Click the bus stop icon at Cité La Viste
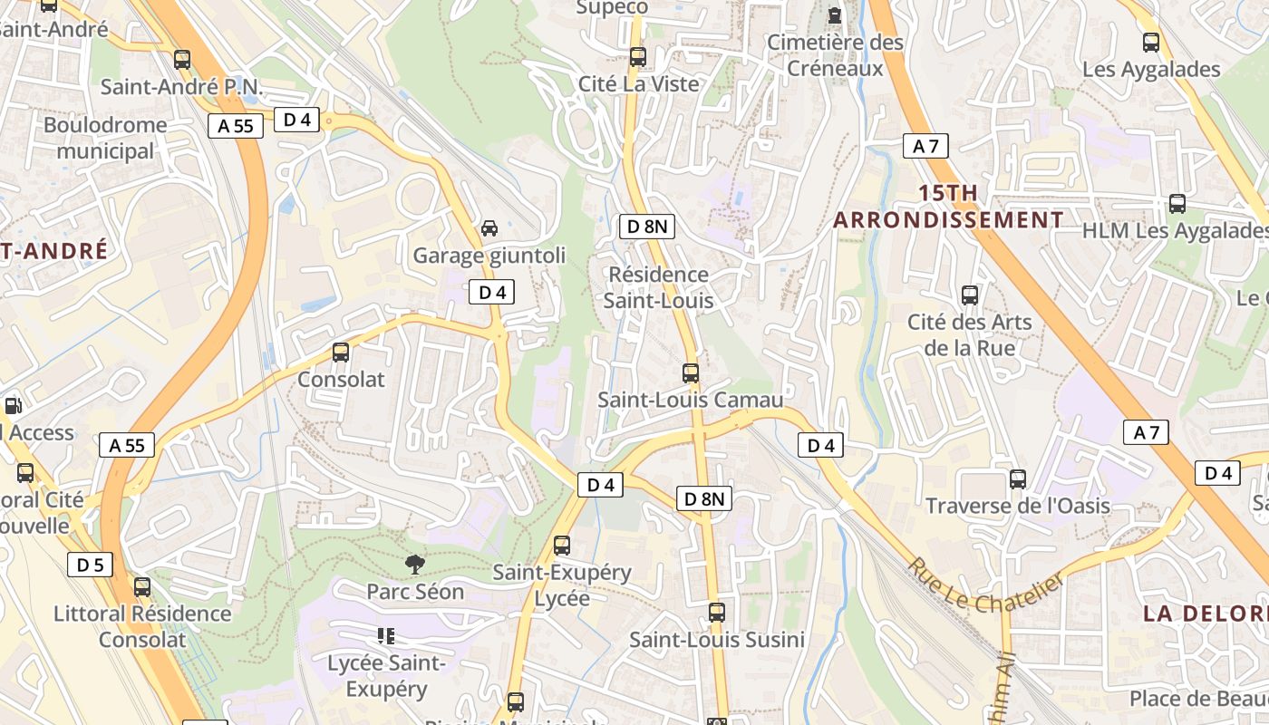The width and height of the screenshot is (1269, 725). [638, 57]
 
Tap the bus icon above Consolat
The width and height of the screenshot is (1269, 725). [341, 353]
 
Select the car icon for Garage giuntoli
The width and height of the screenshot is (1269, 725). [489, 228]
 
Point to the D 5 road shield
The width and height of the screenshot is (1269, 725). [90, 565]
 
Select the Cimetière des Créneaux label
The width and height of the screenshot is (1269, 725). [835, 55]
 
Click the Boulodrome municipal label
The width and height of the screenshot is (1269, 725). [105, 138]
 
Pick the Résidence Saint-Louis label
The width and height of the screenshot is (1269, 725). [658, 287]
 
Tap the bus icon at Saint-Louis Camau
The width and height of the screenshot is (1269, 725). [691, 372]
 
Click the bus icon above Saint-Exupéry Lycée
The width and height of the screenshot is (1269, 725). [562, 546]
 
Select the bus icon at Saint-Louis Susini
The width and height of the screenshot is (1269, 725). [717, 613]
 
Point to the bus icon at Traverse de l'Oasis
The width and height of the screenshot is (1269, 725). [1018, 479]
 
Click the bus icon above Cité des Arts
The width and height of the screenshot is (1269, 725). [970, 295]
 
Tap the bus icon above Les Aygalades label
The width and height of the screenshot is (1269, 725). [1151, 43]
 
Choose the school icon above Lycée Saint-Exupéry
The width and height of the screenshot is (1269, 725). [386, 636]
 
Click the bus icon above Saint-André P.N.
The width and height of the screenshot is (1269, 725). [182, 60]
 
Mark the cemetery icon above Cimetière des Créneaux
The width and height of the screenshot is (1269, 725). [835, 15]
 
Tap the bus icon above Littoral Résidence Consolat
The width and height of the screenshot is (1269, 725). [142, 587]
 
